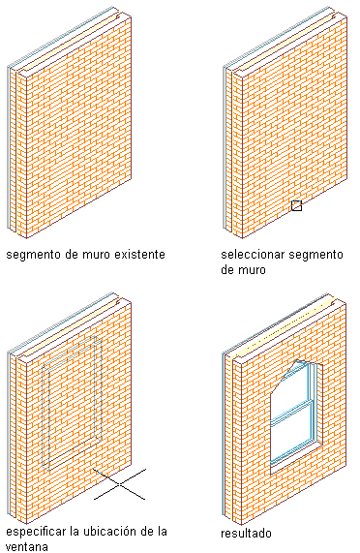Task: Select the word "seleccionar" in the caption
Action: (246, 255)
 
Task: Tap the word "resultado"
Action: (246, 533)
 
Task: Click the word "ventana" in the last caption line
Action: (27, 547)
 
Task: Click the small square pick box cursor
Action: (296, 205)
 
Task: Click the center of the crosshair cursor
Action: (120, 484)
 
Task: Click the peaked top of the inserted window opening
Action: (298, 362)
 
